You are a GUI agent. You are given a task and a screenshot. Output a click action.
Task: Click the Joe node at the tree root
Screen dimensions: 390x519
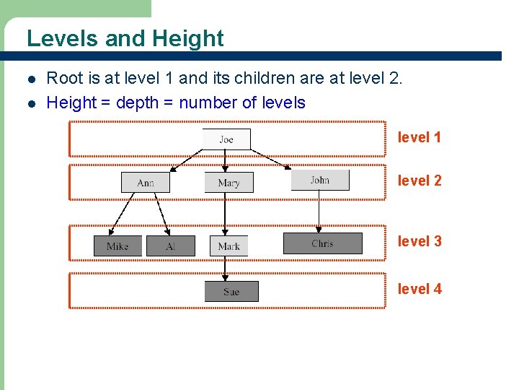(x=226, y=139)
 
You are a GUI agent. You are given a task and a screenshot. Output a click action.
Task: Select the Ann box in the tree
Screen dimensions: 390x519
(x=146, y=182)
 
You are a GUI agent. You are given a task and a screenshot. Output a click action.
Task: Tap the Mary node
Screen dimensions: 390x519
(x=229, y=182)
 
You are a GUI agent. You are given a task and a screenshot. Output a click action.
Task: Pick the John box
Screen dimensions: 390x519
(x=320, y=180)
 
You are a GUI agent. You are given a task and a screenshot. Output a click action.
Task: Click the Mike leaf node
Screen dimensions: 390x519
(x=117, y=246)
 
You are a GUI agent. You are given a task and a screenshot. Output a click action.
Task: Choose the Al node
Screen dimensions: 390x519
(x=171, y=246)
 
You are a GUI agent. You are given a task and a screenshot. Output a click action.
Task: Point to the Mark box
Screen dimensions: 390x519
(x=229, y=246)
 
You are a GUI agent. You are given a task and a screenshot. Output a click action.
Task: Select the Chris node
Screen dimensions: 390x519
(x=322, y=243)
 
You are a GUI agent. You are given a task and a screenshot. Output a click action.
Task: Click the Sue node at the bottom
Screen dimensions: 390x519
(x=231, y=291)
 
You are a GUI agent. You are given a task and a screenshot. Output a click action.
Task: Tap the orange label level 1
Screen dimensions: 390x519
(x=420, y=137)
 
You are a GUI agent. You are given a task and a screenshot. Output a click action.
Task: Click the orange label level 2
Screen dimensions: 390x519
(x=420, y=181)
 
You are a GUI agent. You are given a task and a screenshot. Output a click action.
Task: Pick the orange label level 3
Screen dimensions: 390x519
(x=420, y=241)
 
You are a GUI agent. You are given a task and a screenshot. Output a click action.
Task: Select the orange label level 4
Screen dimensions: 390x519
(x=420, y=289)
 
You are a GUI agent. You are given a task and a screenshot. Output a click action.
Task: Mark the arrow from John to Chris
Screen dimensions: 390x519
(x=319, y=211)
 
